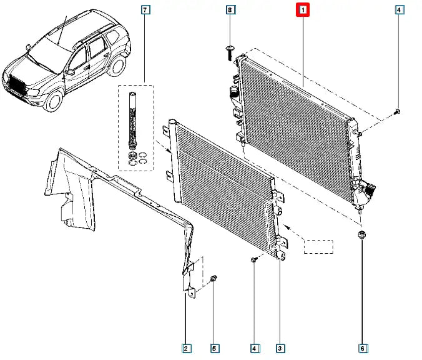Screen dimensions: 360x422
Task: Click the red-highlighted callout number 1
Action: [x=303, y=10]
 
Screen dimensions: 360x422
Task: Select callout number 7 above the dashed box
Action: [x=145, y=10]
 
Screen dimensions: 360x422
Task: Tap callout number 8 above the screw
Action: [x=230, y=10]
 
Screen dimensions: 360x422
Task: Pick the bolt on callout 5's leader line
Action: [x=215, y=278]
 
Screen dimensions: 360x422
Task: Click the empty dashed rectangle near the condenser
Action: [x=318, y=246]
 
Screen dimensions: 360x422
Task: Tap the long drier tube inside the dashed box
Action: [x=132, y=119]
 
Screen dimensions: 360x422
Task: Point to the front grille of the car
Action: [x=19, y=86]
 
